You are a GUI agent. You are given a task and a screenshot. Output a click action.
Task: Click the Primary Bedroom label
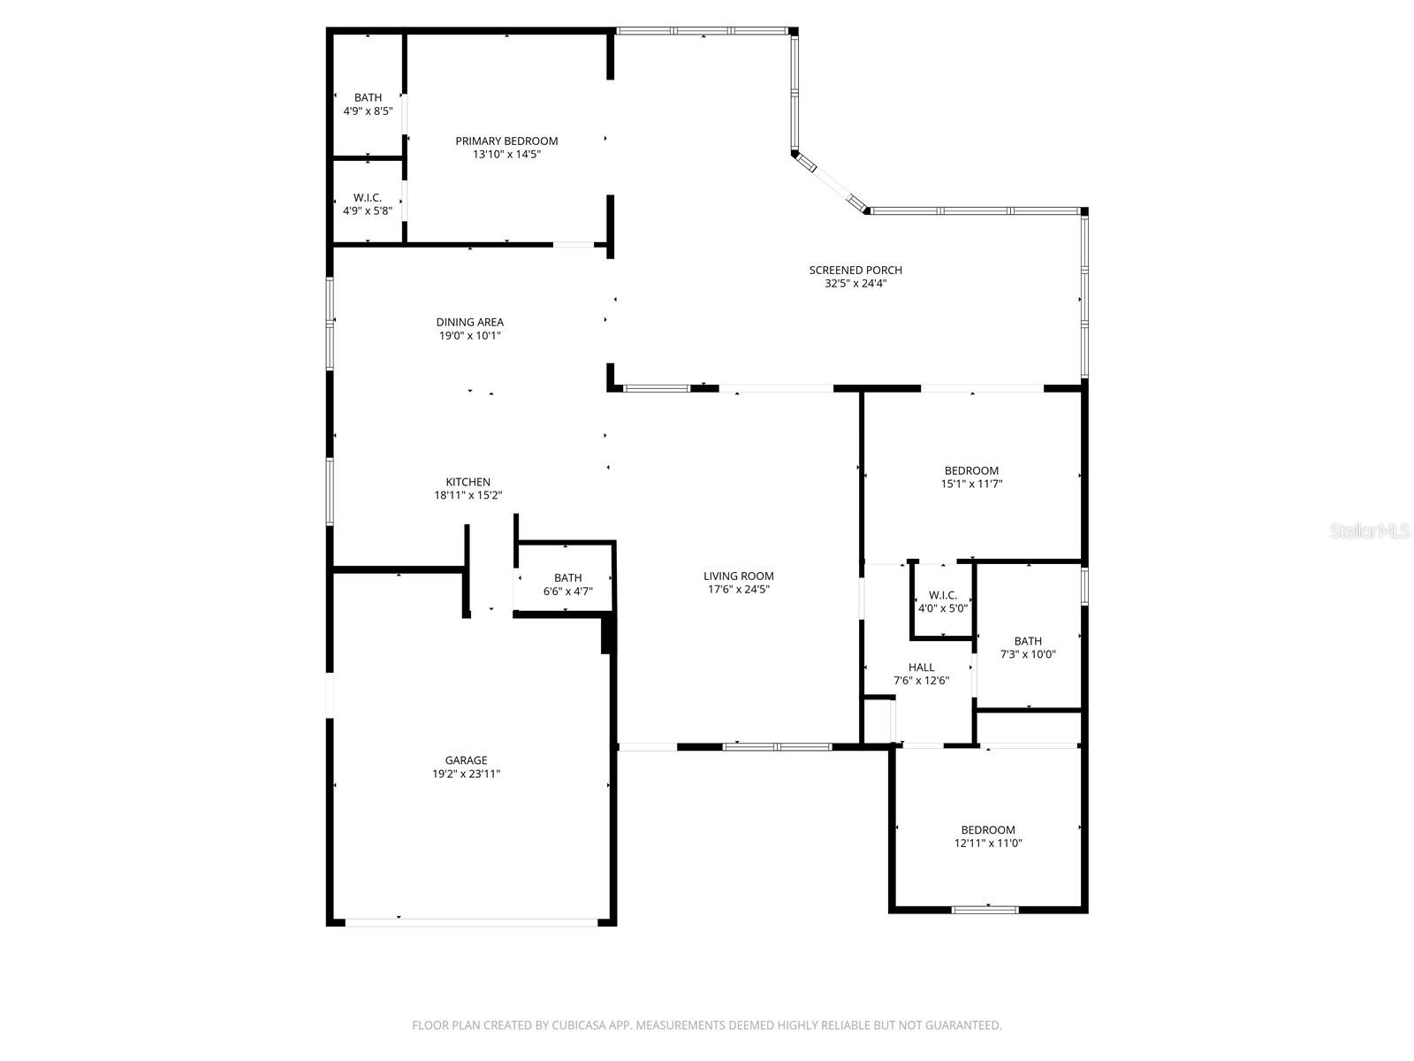506,141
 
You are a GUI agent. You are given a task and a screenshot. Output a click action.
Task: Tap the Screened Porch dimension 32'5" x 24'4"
855,284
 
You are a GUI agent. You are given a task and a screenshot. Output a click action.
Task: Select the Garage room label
466,760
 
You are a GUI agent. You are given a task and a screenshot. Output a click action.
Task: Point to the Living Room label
738,576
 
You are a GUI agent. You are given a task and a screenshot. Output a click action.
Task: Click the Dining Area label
469,322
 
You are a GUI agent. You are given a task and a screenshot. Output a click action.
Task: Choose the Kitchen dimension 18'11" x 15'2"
468,496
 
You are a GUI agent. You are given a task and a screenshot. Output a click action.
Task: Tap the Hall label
921,668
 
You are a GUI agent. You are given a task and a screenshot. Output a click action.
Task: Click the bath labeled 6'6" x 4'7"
567,584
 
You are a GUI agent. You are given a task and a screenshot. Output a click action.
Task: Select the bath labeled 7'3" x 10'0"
1028,647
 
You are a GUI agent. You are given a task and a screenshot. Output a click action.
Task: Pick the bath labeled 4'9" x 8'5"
368,103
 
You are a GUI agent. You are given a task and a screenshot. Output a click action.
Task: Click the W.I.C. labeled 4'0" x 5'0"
943,601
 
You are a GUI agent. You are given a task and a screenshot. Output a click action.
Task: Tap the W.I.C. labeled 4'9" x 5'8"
368,203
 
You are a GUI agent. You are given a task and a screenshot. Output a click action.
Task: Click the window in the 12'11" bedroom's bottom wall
984,909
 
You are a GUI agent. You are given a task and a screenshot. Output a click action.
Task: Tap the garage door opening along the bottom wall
471,922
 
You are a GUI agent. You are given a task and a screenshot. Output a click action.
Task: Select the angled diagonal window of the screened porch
830,184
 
